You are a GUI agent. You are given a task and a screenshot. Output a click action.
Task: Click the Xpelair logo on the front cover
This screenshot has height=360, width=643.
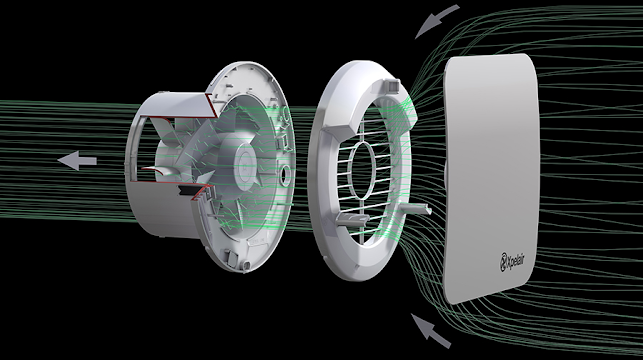512,262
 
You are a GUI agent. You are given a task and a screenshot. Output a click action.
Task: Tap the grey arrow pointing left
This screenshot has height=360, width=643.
78,160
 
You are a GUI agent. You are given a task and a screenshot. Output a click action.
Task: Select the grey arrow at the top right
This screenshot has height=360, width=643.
436,20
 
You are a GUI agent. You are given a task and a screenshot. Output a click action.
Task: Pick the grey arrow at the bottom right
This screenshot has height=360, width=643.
431,330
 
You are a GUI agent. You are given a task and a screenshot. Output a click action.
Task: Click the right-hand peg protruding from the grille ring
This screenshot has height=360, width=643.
415,209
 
